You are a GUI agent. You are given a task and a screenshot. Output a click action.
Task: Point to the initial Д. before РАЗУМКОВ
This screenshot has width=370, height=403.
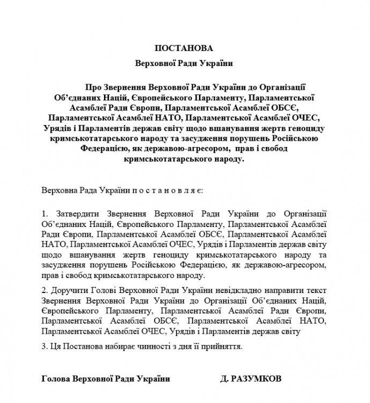[224, 379]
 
